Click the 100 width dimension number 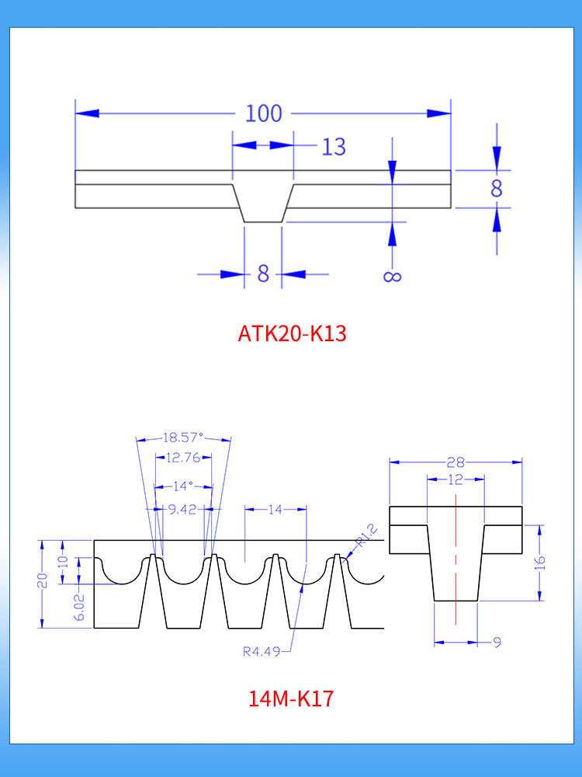point(264,113)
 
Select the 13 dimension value point(334,147)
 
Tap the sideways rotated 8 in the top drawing point(393,275)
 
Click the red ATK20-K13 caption point(292,333)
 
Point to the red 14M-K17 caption point(291,699)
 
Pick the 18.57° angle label point(183,437)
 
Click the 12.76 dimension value point(183,458)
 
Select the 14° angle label point(183,486)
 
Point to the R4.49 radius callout point(261,652)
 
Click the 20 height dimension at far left point(42,580)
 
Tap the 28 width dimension point(456,462)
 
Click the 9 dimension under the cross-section point(497,642)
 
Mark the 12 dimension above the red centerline point(456,479)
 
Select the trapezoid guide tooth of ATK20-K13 point(263,204)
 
